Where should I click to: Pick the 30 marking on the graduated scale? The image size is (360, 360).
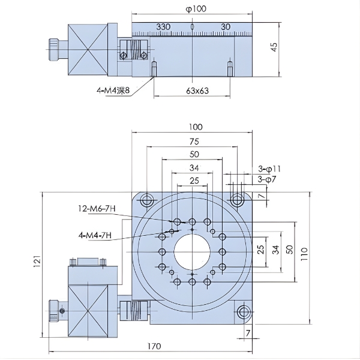pyautogui.click(x=226, y=27)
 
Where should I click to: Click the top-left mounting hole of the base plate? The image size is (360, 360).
pyautogui.click(x=145, y=198)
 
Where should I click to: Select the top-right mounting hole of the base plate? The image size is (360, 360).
pyautogui.click(x=238, y=198)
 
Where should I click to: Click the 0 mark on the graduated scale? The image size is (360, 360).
pyautogui.click(x=192, y=27)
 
